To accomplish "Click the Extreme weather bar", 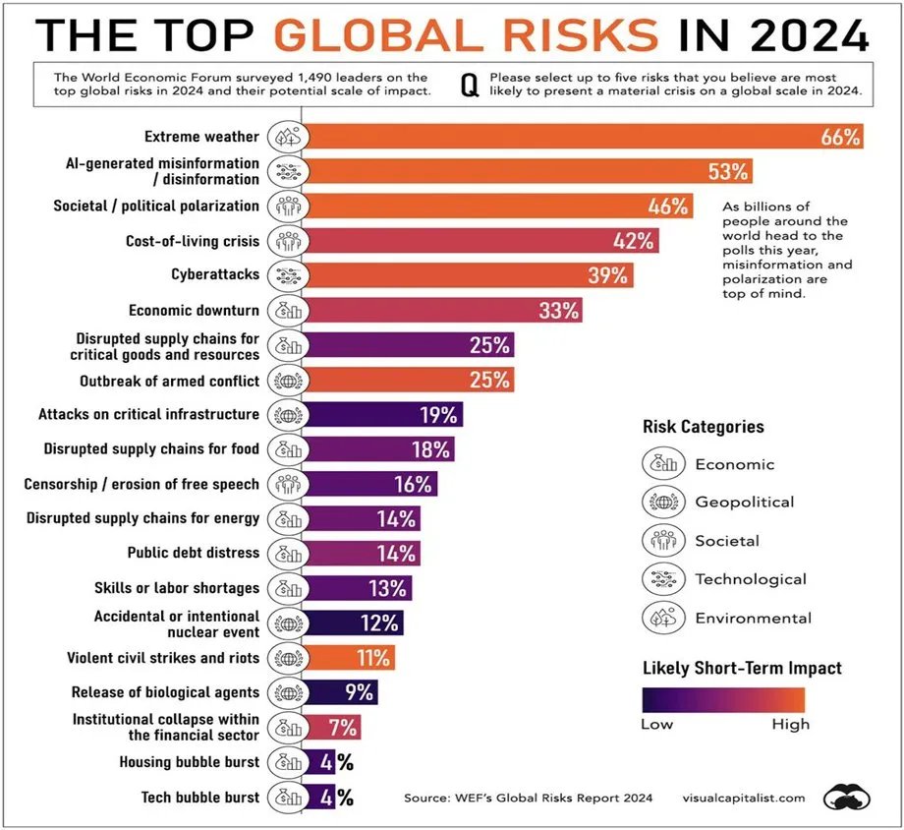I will pos(580,137).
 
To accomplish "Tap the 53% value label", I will pos(728,172).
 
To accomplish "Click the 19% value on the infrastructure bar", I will pos(438,414).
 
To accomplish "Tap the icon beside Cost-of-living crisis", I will pos(286,241).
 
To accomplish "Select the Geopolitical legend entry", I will pos(744,502).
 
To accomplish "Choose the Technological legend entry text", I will pos(751,579).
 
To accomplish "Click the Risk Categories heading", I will pos(703,427).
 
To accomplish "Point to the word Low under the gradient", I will pos(657,725).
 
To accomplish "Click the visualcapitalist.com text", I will pos(744,798).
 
